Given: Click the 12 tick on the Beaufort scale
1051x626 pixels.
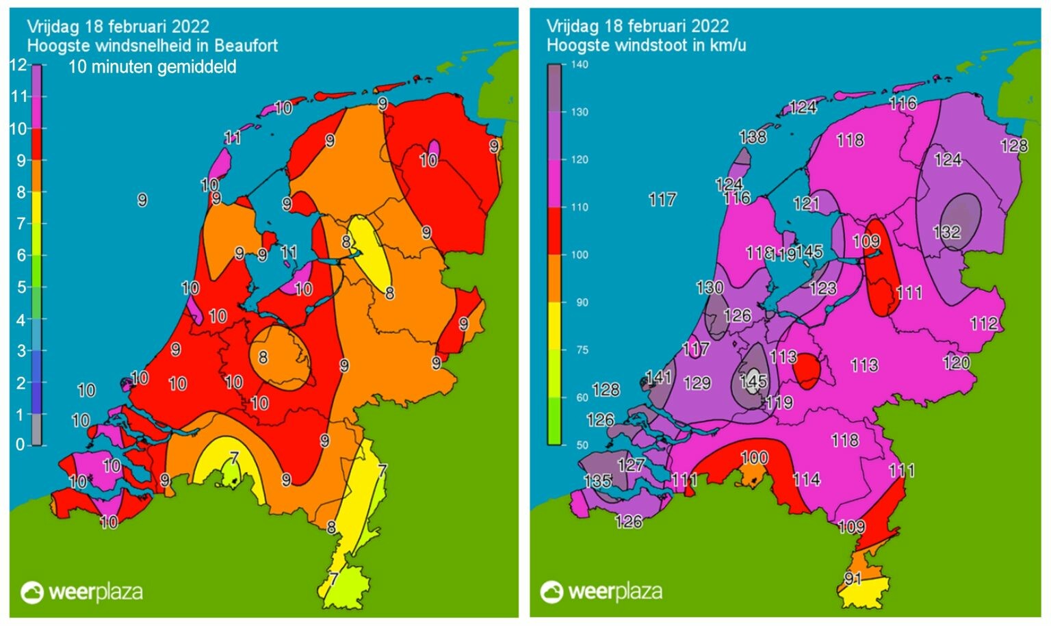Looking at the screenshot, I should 18,66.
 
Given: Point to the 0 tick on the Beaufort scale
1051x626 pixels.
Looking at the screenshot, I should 20,445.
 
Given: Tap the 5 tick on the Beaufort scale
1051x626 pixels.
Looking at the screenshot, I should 20,287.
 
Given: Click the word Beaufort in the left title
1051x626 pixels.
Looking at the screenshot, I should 246,46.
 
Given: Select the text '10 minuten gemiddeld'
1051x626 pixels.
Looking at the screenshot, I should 153,67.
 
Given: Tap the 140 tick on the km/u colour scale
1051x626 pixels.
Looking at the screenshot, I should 580,64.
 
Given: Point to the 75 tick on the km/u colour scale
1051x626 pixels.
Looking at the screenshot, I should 582,350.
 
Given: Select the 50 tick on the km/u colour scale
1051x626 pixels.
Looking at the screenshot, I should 582,445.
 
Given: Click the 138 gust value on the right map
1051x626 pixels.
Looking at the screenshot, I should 753,137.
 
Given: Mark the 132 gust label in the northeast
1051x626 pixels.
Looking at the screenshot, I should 947,232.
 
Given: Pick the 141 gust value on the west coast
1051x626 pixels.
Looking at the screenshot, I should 658,376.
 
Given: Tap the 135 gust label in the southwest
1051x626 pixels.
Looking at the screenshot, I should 597,481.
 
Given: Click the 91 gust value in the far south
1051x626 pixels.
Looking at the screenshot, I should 853,579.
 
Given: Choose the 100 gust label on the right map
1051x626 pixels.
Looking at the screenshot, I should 754,458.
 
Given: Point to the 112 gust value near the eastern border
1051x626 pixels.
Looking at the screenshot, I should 983,323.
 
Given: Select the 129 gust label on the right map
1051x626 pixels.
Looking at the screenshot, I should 697,383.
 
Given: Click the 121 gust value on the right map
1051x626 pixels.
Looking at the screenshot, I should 806,203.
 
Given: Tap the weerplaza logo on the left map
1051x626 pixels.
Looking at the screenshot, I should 82,592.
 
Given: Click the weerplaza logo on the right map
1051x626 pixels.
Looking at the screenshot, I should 601,592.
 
